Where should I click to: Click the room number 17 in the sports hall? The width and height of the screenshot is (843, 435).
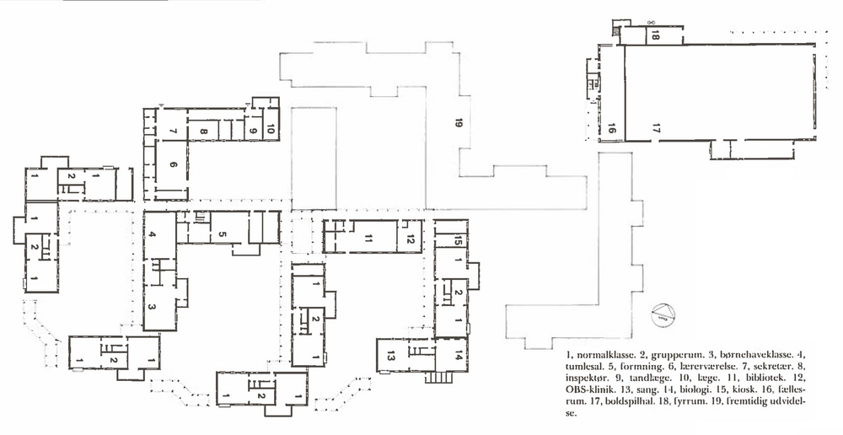(655, 128)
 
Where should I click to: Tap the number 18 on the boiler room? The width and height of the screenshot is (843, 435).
(655, 36)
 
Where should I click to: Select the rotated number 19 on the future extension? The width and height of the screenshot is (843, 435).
(458, 123)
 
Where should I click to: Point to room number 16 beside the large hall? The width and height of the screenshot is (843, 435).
(610, 128)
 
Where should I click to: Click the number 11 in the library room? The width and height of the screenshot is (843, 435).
(368, 239)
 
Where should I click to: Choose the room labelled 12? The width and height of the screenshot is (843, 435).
(411, 239)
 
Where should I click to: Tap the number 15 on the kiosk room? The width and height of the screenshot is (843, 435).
(458, 242)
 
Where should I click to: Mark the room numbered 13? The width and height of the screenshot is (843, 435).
(391, 355)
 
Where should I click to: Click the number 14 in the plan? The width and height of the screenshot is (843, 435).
(458, 355)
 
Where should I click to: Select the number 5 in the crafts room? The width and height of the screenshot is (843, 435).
(223, 234)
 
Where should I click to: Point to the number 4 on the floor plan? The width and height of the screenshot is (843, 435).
(153, 234)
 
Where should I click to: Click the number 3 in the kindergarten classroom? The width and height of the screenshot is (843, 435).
(152, 307)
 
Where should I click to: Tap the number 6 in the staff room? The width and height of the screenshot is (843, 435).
(173, 164)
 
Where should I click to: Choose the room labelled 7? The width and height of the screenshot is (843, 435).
(172, 131)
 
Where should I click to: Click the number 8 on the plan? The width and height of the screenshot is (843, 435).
(203, 131)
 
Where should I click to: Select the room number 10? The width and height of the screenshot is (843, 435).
(271, 129)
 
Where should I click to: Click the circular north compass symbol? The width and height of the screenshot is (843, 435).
(662, 314)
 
